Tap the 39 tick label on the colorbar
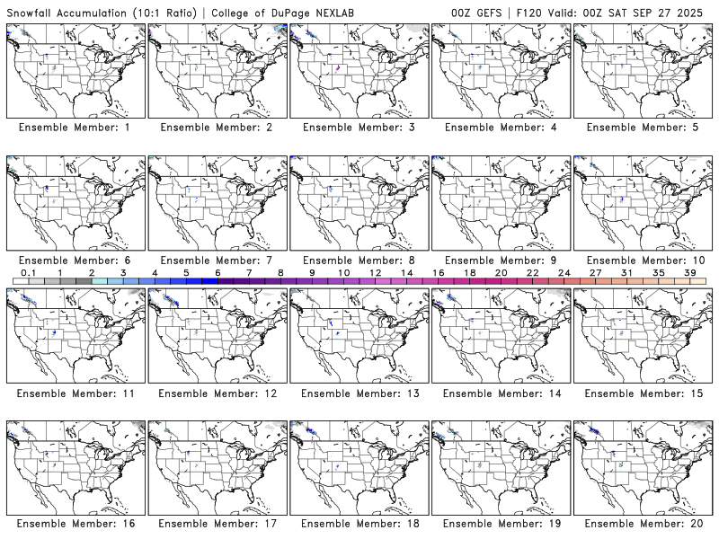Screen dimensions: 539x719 tap(689, 272)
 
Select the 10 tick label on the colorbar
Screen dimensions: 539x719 tap(343, 272)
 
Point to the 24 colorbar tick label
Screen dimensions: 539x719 tap(564, 272)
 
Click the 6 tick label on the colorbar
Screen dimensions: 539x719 tap(217, 272)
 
